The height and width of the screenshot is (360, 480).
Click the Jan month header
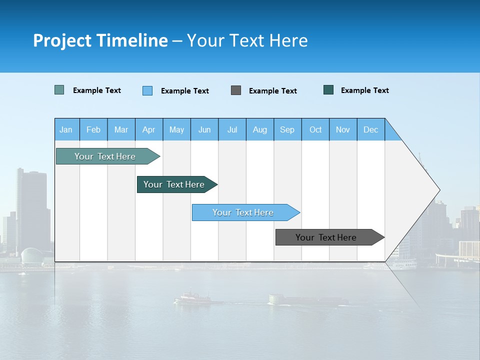tap(66, 129)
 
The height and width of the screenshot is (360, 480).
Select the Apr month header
tap(148, 129)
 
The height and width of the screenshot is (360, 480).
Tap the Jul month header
tap(232, 129)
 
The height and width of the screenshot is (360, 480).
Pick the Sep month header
tap(287, 129)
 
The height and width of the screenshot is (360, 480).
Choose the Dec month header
tap(370, 129)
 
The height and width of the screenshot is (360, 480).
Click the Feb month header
tap(93, 129)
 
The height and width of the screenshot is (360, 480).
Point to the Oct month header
tap(315, 129)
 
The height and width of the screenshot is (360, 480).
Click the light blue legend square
tap(147, 90)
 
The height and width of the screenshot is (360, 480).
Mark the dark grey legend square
tap(236, 90)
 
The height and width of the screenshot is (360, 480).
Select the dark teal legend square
tap(328, 90)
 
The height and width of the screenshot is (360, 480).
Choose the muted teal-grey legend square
tap(59, 90)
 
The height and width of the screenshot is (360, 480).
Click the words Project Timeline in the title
tap(100, 40)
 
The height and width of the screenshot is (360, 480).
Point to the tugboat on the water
tap(192, 298)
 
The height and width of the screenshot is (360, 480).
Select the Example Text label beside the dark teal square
tap(364, 90)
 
